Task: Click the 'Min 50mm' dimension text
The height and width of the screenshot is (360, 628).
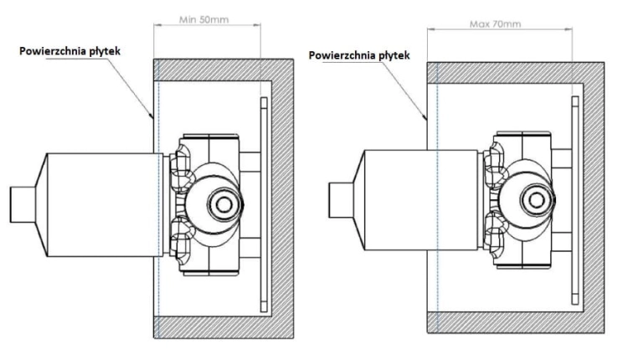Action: coord(203,19)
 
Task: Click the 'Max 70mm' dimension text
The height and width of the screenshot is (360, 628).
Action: coord(496,24)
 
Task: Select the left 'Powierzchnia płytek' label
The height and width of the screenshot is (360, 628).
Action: coord(69,51)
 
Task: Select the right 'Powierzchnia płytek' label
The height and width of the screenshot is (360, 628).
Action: coord(359,55)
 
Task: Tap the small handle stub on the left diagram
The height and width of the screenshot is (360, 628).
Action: coord(23,204)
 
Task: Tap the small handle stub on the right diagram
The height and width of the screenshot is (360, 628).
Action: coord(341,200)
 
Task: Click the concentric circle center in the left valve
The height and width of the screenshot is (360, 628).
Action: coord(223,204)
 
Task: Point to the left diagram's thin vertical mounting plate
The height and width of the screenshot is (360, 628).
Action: coord(264,204)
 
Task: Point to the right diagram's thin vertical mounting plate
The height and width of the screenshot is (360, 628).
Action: coord(575,200)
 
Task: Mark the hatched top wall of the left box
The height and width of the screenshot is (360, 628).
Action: coord(224,70)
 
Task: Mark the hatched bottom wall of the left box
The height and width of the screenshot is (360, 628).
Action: coord(224,327)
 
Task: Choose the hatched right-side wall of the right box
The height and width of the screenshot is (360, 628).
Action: coord(594,198)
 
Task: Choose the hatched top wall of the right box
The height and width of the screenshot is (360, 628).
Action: coord(516,73)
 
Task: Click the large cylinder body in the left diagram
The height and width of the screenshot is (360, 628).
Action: coord(105,204)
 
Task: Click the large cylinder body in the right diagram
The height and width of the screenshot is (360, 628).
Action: coord(421,200)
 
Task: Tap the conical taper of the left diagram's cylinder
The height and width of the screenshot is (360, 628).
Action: coord(41,204)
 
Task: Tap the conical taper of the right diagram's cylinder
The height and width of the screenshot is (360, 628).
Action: coord(359,200)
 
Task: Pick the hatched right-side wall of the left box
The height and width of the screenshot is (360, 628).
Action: coord(283,198)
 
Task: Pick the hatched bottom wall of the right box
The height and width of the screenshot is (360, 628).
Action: coord(516,322)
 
